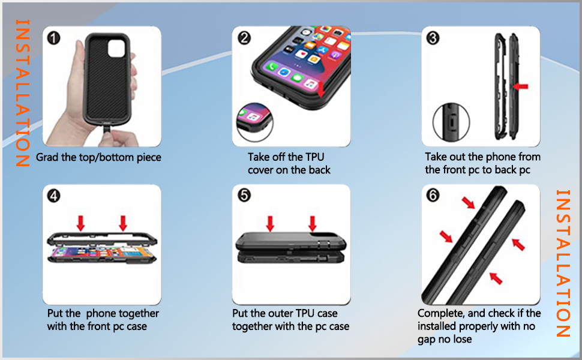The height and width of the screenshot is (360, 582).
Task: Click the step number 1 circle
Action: coord(54,38)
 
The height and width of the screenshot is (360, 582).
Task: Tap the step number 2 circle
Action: coord(244,38)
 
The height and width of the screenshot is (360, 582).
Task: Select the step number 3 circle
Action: coord(433,38)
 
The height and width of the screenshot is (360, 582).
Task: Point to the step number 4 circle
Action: coord(54,196)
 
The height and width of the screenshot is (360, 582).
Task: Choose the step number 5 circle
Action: coord(244,196)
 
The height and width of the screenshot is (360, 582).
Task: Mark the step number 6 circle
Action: coord(433,196)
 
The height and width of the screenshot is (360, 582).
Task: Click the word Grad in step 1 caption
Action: coord(48,158)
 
